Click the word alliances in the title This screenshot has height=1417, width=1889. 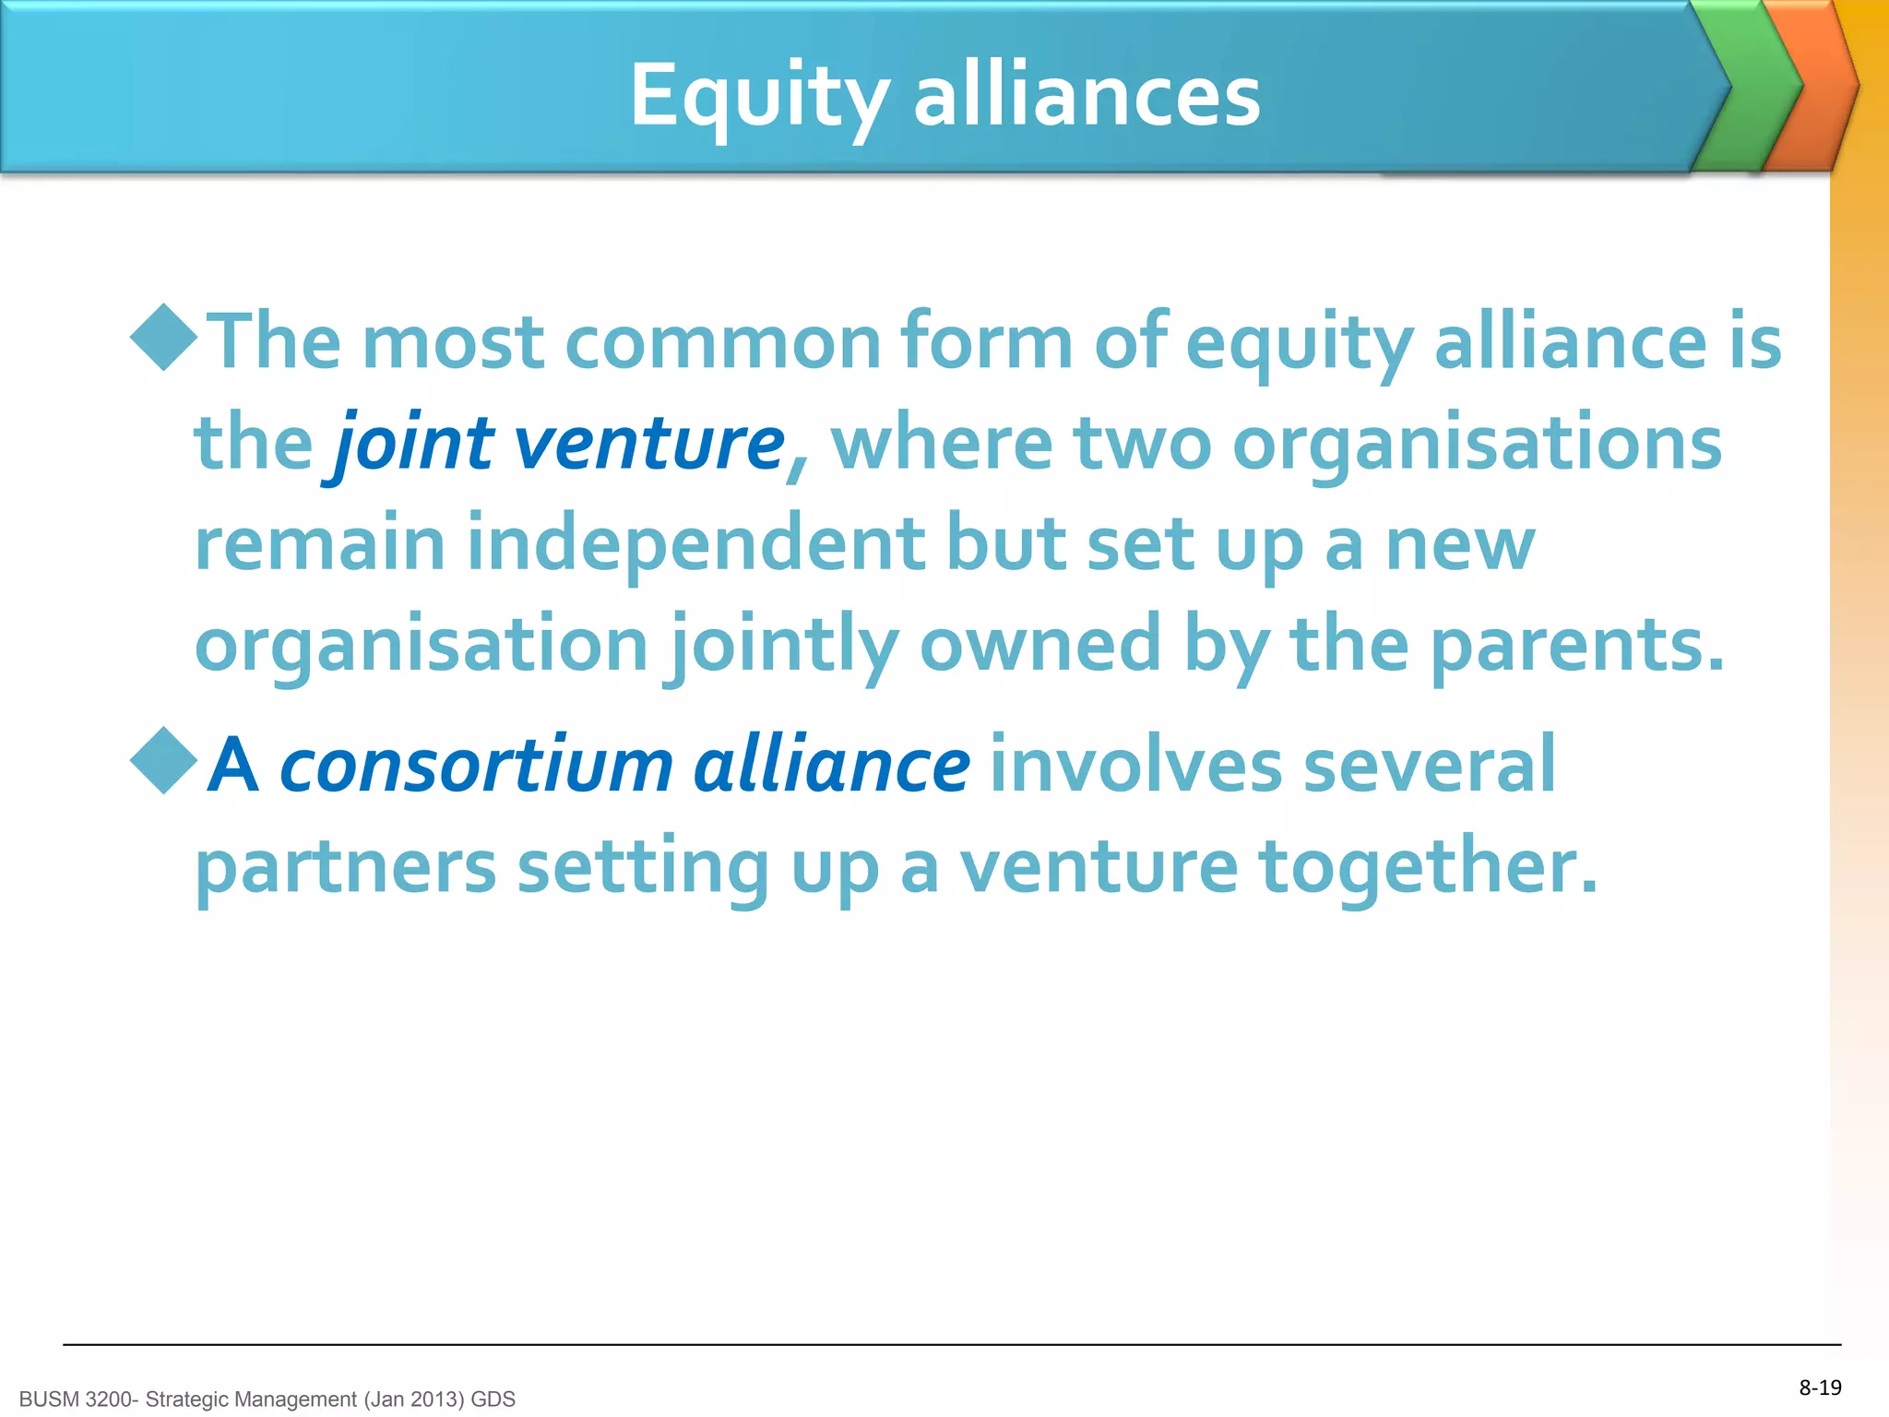(1087, 96)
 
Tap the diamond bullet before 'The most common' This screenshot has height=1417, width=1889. (164, 338)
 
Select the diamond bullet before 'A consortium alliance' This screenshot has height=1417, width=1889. (164, 761)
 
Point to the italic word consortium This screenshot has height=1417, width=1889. (476, 766)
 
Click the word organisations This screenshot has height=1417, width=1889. (1477, 445)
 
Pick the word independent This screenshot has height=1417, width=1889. (695, 544)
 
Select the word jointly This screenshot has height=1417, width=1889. (784, 646)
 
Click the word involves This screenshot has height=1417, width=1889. (1135, 766)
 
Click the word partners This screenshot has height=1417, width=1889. (346, 867)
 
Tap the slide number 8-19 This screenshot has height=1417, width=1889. (1820, 1387)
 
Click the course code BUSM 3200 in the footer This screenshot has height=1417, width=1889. (77, 1399)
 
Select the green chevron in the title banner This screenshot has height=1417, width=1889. (1749, 88)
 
